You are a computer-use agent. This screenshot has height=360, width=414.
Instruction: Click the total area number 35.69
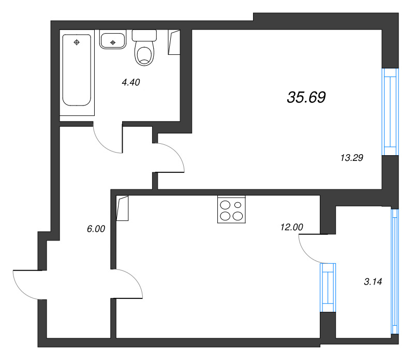[x=306, y=97]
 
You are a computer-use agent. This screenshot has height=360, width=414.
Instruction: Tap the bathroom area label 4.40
[x=131, y=82]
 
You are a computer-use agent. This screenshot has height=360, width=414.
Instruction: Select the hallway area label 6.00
[x=96, y=229]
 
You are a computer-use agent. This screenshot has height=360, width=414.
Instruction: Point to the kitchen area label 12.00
[x=291, y=227]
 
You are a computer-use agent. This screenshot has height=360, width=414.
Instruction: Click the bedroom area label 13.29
[x=352, y=158]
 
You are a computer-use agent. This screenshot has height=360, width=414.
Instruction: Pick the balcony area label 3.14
[x=373, y=282]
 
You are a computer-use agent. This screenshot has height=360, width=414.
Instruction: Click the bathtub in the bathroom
[x=77, y=70]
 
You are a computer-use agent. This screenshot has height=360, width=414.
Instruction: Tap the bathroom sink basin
[x=113, y=41]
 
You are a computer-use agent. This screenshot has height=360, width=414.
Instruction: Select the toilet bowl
[x=144, y=54]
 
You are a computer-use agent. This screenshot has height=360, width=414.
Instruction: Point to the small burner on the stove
[x=238, y=205]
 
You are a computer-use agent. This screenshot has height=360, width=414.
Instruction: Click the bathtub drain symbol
[x=77, y=42]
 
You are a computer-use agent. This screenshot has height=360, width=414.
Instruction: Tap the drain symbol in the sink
[x=113, y=42]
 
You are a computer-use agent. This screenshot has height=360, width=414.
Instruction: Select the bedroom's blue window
[x=390, y=112]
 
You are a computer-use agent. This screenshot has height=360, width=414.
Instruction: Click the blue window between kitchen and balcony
[x=328, y=288]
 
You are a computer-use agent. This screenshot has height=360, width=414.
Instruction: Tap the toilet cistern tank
[x=144, y=35]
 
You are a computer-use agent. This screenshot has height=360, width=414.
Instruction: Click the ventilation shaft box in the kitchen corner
[x=123, y=208]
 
